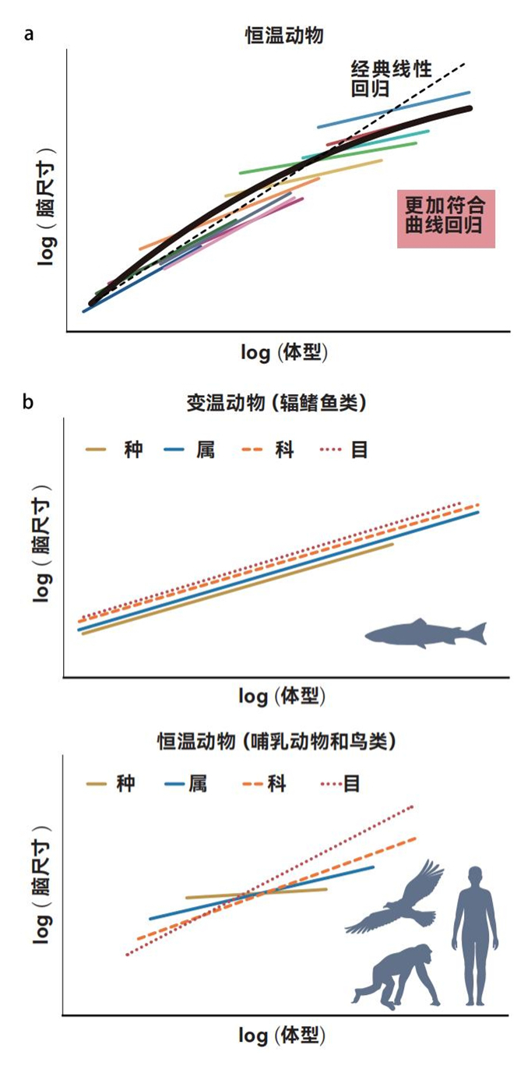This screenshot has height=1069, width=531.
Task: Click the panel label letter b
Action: click(x=29, y=403)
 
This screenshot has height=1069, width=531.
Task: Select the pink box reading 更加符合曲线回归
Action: click(x=446, y=219)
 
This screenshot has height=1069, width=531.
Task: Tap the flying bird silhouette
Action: click(x=397, y=900)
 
